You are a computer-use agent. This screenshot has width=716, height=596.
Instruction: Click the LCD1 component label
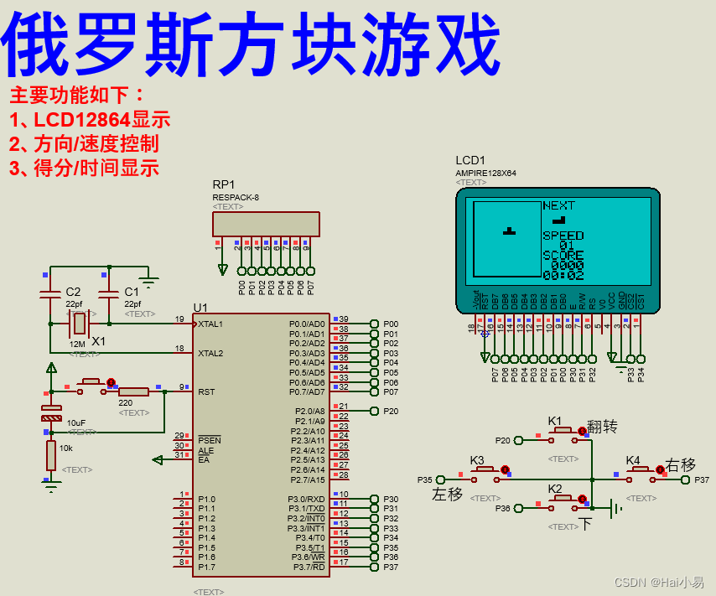pos(470,160)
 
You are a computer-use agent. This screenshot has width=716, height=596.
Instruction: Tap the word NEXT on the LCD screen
pos(558,205)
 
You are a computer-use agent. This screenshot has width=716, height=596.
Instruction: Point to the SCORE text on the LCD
pos(563,255)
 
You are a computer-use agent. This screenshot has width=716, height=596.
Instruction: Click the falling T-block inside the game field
pos(509,230)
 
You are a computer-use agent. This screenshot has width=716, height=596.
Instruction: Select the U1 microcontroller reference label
pos(200,307)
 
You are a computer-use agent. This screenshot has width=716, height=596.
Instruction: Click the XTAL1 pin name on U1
pos(210,324)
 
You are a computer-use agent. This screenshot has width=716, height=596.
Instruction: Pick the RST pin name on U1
pos(206,391)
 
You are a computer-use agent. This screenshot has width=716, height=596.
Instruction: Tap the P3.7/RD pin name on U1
pos(307,567)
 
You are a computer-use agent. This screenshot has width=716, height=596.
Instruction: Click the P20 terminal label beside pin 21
pos(391,412)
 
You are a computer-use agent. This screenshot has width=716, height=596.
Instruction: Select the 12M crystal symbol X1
pos(79,323)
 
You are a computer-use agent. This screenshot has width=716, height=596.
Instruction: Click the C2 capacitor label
pos(73,292)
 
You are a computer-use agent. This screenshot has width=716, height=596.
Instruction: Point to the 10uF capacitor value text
pos(76,423)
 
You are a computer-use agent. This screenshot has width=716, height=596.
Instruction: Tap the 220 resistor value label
pos(126,403)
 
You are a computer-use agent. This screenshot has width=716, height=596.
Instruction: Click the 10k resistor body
pos(51,456)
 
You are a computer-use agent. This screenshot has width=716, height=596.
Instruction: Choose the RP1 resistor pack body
pos(266,224)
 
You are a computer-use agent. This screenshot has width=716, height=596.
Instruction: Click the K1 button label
pos(555,420)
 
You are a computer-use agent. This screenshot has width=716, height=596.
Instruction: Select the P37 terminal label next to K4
pos(702,480)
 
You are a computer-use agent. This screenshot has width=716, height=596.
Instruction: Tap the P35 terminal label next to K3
pos(425,480)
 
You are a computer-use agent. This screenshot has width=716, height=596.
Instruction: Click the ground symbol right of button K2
pos(615,508)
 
